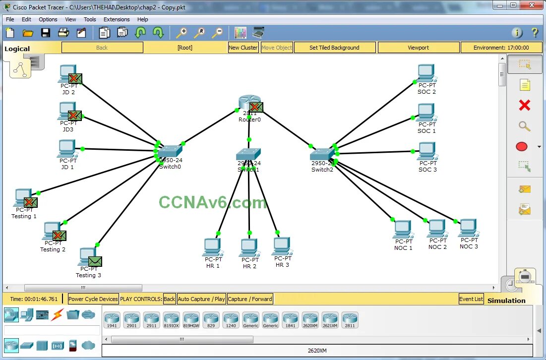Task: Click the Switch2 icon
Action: (x=322, y=154)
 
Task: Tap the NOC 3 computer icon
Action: (x=468, y=228)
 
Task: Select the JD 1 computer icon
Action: (x=67, y=148)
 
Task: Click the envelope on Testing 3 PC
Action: (x=95, y=261)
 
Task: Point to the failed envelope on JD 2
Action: (x=75, y=78)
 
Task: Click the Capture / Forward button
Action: (x=250, y=299)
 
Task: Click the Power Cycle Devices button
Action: (x=93, y=299)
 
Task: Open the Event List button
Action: (x=471, y=299)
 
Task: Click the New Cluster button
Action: (x=243, y=48)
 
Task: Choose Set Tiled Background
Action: (x=334, y=48)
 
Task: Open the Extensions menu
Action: (x=117, y=19)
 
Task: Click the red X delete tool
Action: (x=524, y=105)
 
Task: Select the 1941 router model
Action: (x=112, y=320)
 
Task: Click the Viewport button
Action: (x=418, y=48)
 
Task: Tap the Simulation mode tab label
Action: (x=506, y=300)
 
